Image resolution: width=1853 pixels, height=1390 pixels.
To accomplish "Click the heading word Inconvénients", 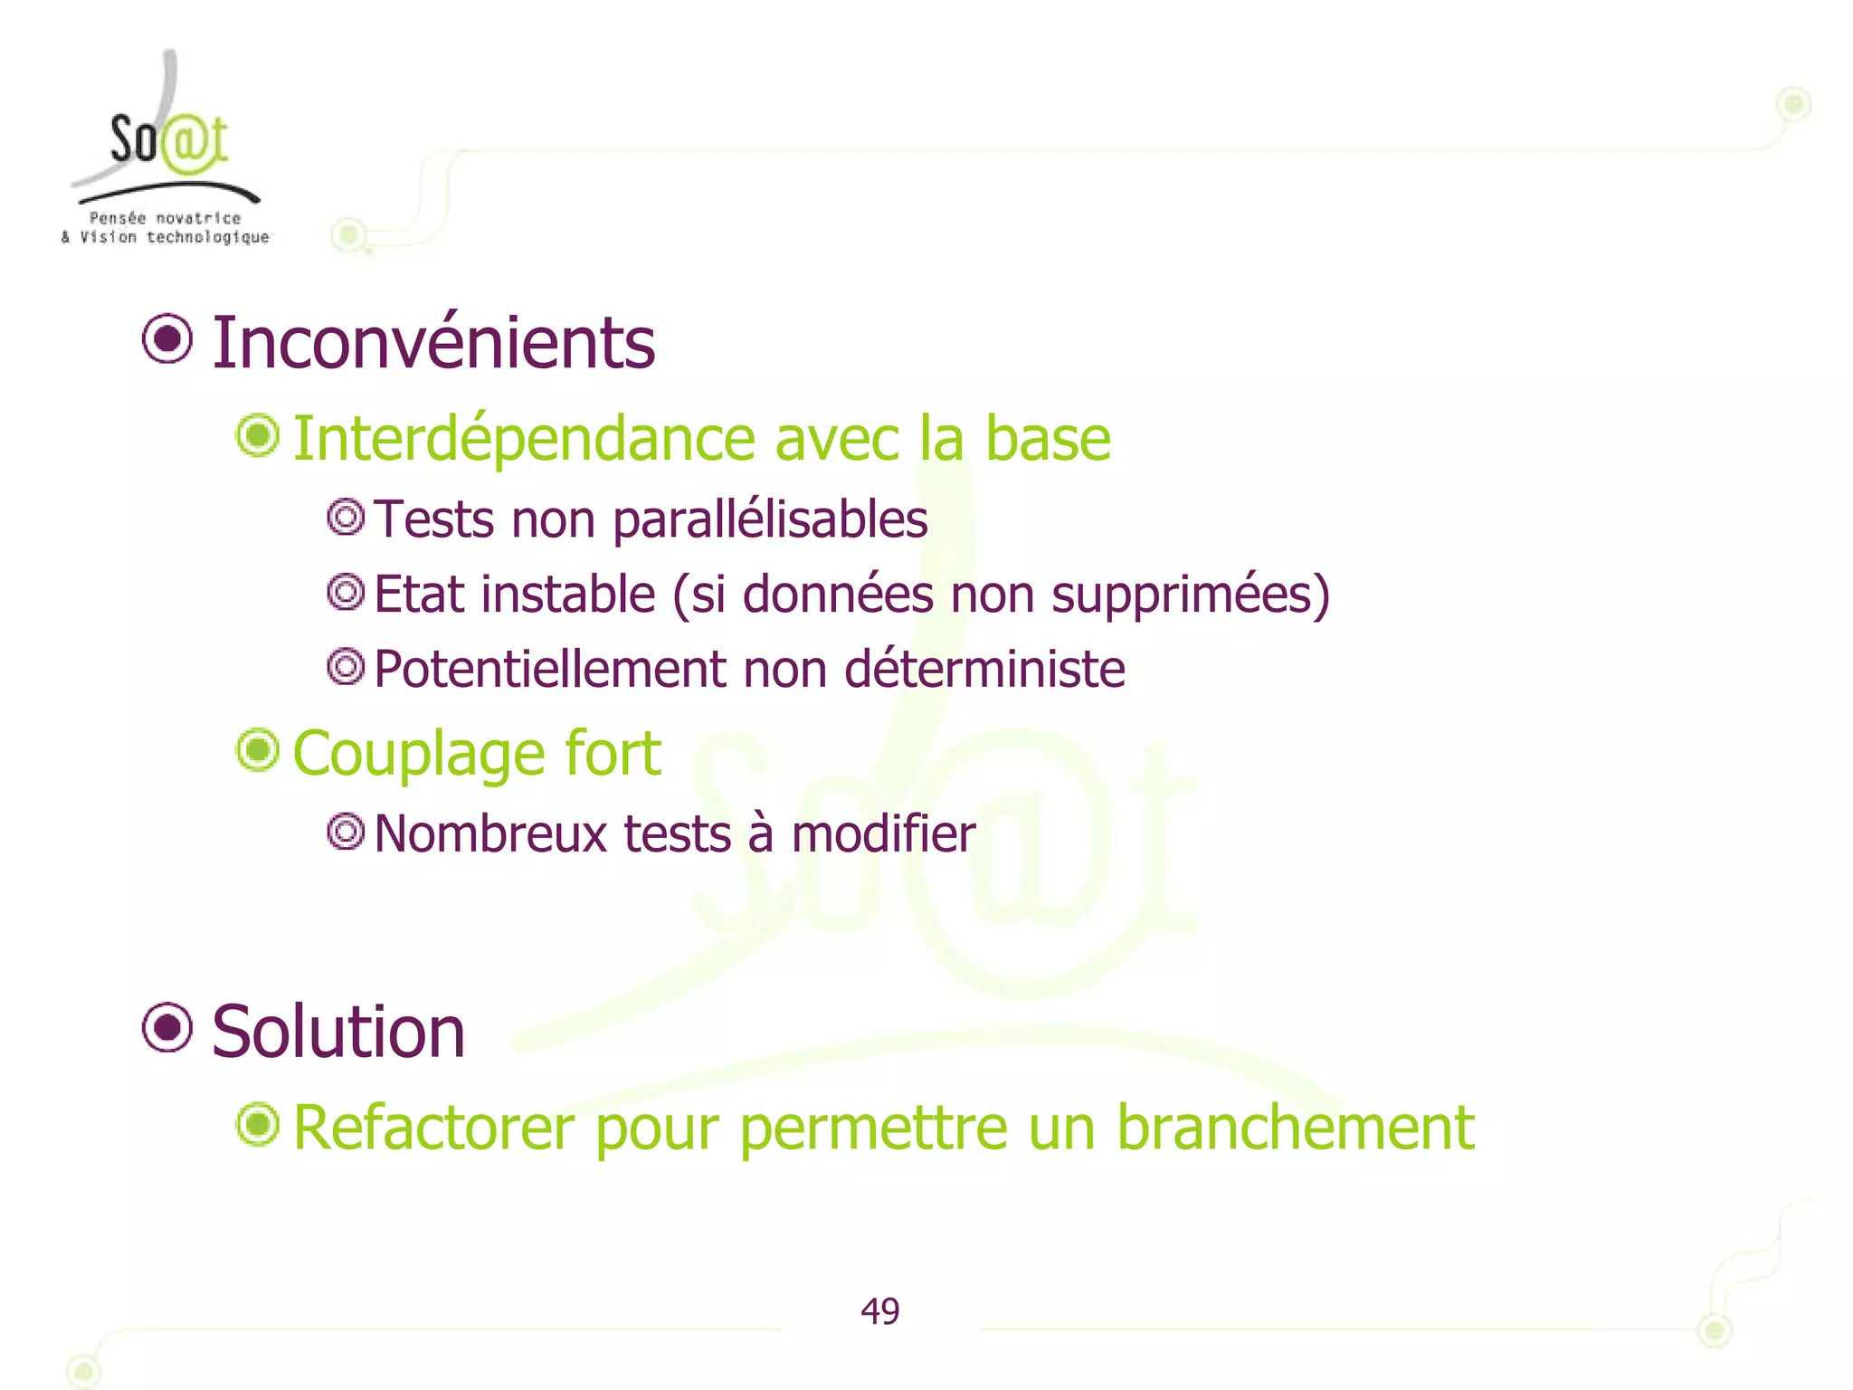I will [x=432, y=343].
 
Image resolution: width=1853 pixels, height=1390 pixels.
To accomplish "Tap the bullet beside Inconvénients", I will [x=167, y=339].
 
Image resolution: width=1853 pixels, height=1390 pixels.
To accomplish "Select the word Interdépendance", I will [x=523, y=439].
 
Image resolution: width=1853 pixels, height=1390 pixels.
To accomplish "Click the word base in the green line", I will [x=1047, y=439].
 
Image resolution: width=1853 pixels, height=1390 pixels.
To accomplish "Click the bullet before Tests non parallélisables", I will [x=346, y=518].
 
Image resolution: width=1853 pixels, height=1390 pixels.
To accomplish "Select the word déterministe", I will [x=984, y=670].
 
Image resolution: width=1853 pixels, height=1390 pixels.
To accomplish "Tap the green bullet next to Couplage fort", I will [x=258, y=750].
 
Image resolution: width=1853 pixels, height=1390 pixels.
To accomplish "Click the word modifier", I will [x=883, y=833].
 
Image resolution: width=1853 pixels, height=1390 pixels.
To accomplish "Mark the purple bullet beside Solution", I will [x=167, y=1028].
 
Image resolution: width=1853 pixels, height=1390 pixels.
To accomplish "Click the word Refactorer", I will [x=433, y=1128].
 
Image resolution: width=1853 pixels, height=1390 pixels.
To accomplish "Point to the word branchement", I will [x=1295, y=1128].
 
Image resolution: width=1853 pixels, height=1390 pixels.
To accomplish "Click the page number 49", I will [x=879, y=1311].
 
